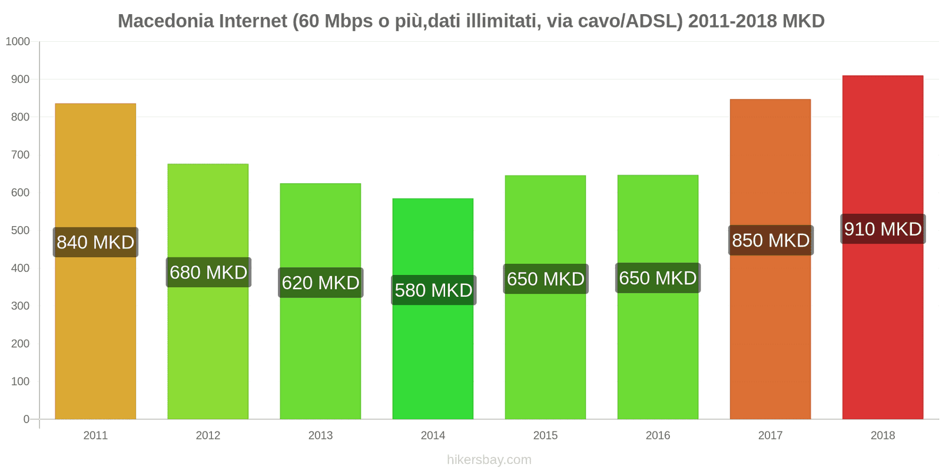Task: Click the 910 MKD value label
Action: [883, 229]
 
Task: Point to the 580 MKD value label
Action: [433, 290]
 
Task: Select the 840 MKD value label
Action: [95, 242]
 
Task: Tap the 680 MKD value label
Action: [208, 273]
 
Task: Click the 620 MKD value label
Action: [320, 283]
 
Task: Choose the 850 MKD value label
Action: [771, 240]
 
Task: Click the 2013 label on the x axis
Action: [320, 436]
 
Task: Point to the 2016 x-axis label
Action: [658, 436]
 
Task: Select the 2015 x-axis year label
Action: [545, 436]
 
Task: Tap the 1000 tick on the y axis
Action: [18, 42]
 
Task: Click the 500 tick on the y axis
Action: [20, 231]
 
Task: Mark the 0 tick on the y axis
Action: [26, 419]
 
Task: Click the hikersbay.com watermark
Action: [489, 460]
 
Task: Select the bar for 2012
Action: [208, 353]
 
